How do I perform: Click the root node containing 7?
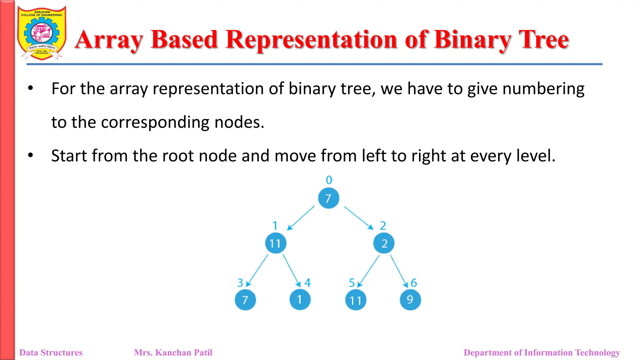pos(328,198)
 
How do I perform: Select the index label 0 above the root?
pos(329,180)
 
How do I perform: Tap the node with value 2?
pos(384,243)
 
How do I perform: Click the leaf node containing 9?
pos(410,300)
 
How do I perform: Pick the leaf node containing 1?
pos(300,300)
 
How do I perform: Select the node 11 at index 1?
pos(276,243)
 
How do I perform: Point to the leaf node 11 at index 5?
pos(356,300)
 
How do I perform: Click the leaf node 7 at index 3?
pos(245,300)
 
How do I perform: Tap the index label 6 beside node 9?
pos(414,283)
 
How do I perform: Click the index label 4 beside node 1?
pos(307,283)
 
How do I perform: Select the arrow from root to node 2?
pos(359,218)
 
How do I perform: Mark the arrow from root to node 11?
pos(301,218)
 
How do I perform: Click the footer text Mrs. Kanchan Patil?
pos(173,352)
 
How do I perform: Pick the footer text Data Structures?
pos(51,352)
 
